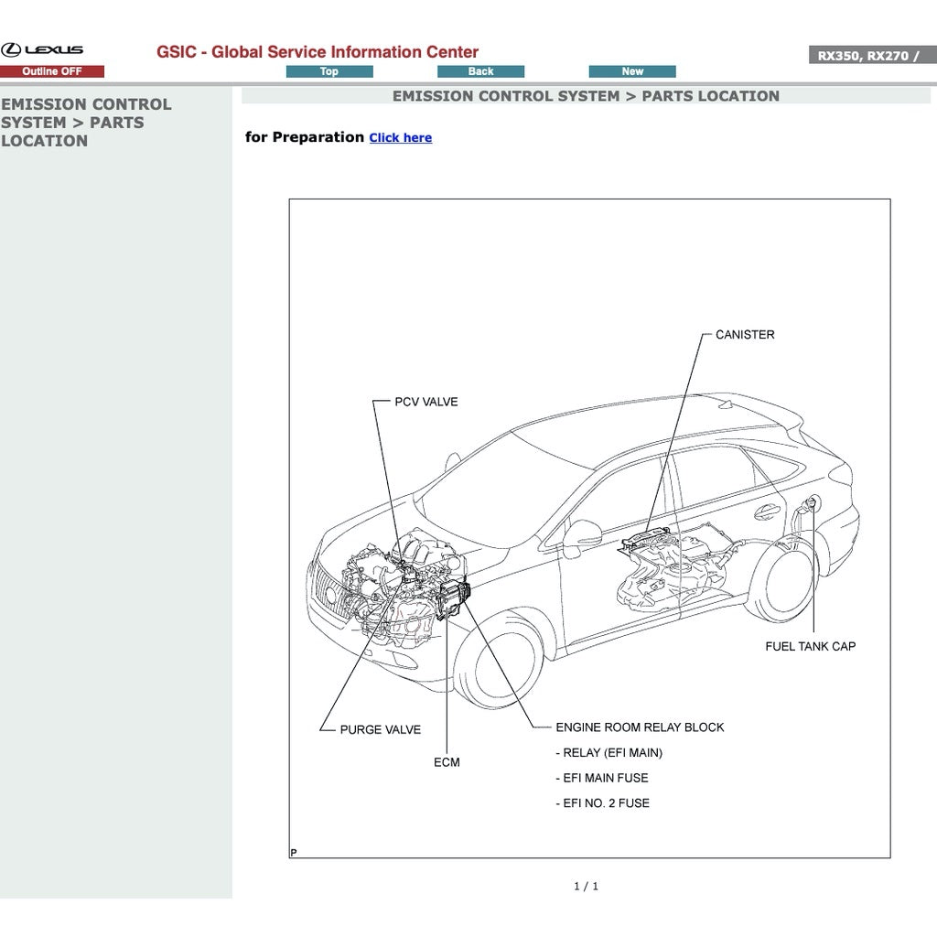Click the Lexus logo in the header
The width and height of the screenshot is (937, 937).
(x=42, y=50)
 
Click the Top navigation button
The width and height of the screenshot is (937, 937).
(x=329, y=71)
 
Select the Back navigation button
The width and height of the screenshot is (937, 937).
(x=480, y=71)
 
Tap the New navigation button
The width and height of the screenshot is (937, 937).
(x=632, y=71)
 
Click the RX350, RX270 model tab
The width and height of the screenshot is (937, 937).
(x=868, y=56)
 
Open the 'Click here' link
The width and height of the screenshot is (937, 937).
(x=400, y=138)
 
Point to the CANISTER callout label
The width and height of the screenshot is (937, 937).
(x=744, y=335)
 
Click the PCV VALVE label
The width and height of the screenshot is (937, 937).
(x=425, y=402)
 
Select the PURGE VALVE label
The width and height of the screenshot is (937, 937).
(x=380, y=730)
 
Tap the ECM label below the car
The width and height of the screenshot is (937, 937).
(x=447, y=762)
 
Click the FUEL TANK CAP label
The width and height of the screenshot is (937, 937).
(x=810, y=646)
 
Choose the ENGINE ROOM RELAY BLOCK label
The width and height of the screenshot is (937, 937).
(x=640, y=727)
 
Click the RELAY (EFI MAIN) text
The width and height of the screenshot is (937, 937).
(x=609, y=753)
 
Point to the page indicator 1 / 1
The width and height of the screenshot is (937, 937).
(x=586, y=886)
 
